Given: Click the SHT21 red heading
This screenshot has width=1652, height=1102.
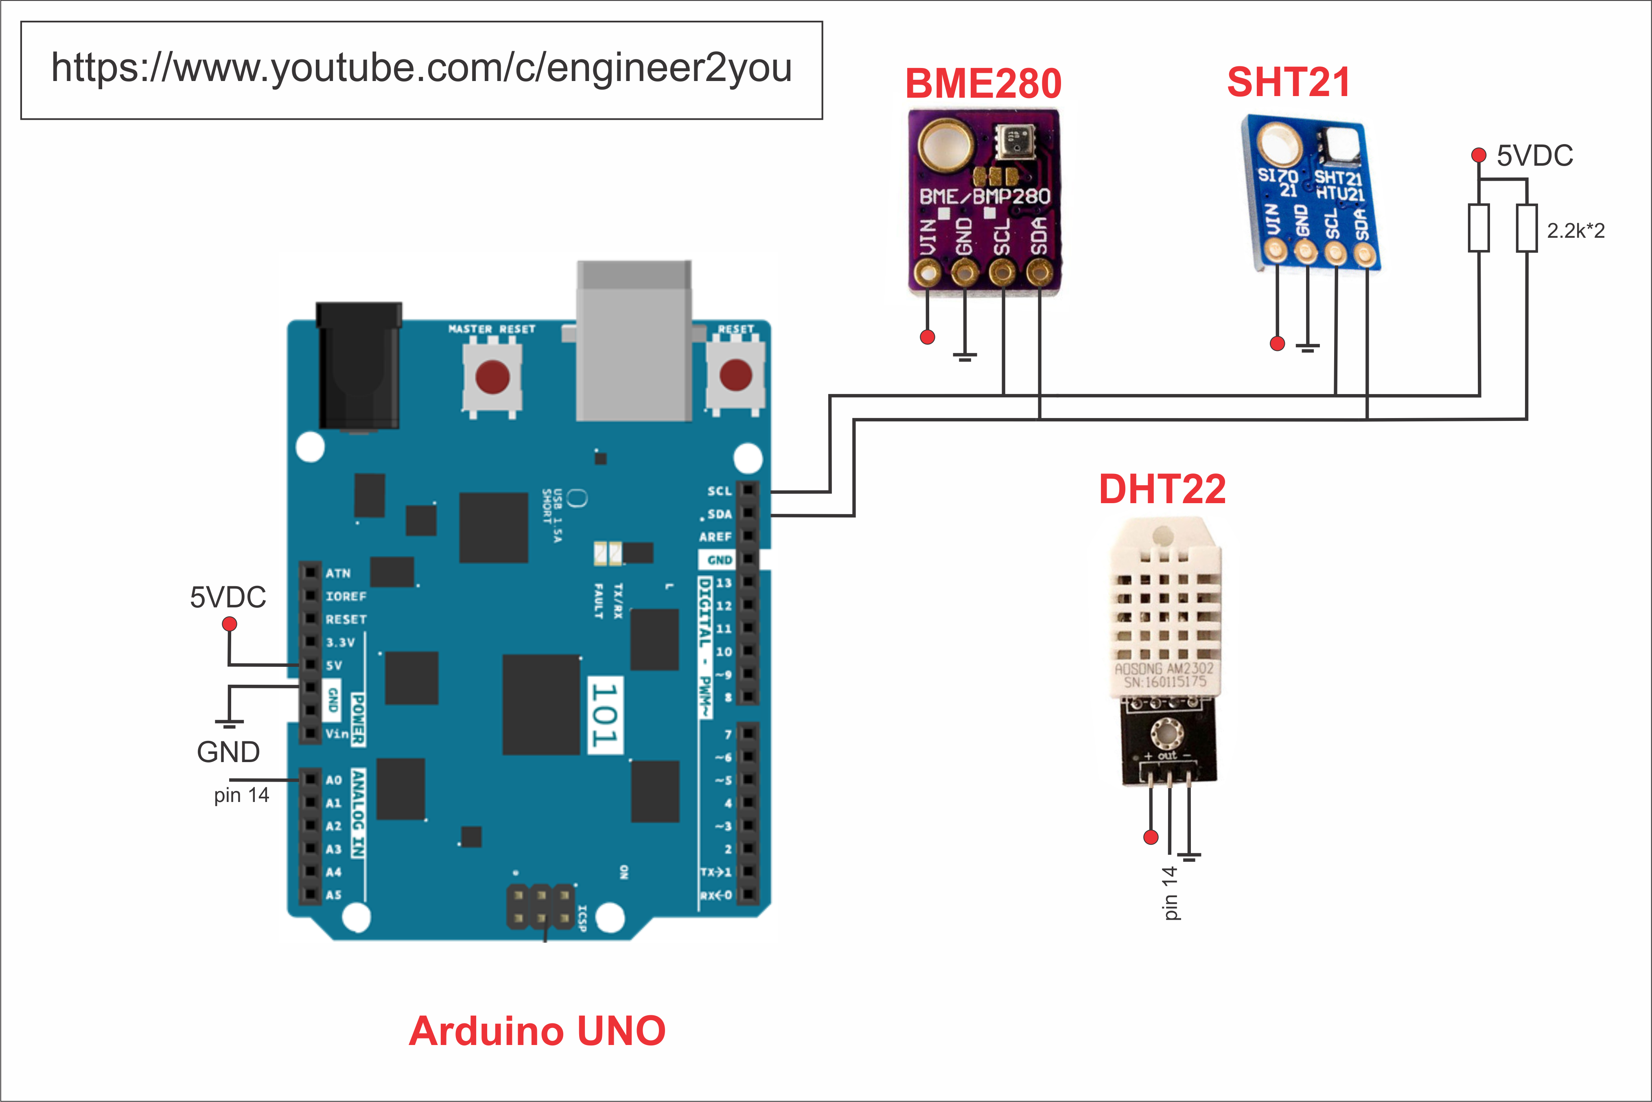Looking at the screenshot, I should (1288, 82).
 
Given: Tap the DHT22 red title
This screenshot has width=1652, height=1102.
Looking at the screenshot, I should (1162, 489).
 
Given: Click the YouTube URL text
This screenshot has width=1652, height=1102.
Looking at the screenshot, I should (422, 68).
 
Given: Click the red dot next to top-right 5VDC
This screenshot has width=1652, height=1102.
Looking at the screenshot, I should (1479, 155).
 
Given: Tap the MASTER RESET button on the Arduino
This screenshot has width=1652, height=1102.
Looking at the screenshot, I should (492, 376).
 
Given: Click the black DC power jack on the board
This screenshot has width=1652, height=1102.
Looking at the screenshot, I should (359, 366).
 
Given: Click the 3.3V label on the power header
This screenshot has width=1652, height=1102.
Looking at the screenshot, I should (340, 642).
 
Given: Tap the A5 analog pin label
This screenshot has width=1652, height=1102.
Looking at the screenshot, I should (333, 895).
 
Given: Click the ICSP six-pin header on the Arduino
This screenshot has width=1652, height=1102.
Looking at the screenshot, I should (540, 907).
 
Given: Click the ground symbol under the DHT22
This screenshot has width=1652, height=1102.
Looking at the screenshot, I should (1189, 856).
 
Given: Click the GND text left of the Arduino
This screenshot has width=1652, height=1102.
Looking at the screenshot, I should (228, 752).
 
